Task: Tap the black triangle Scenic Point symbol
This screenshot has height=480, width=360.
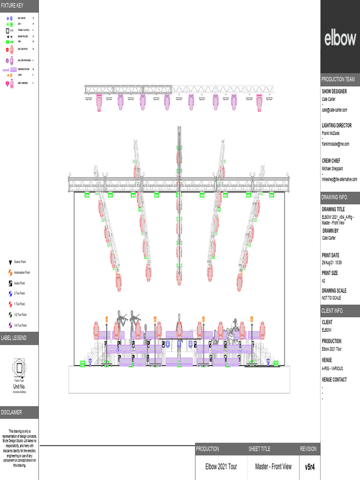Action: click(x=10, y=262)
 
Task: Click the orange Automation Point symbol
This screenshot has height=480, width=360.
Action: click(x=10, y=272)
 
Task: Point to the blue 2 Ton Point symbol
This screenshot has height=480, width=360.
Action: click(x=10, y=293)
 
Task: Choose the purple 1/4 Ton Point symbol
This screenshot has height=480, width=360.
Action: click(x=10, y=325)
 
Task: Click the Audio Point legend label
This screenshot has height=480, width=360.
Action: click(x=22, y=283)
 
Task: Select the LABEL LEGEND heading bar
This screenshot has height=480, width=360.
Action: click(x=19, y=338)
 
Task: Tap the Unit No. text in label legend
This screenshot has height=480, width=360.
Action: click(x=19, y=386)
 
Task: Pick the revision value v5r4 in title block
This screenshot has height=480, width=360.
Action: click(x=310, y=467)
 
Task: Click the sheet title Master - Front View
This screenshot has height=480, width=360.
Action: click(x=273, y=467)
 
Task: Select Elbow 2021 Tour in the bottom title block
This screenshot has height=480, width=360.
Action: click(x=221, y=467)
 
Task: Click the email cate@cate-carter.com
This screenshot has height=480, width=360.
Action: click(x=334, y=110)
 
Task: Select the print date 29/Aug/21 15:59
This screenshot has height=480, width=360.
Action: click(x=334, y=262)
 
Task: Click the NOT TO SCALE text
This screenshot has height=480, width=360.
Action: click(x=331, y=298)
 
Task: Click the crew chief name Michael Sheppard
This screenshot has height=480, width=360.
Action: click(x=332, y=168)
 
